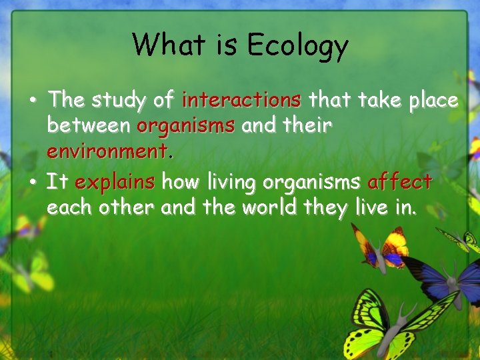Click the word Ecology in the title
coord(297,45)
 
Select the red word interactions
coord(241,100)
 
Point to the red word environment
coord(109,151)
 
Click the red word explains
coord(115,181)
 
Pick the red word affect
coord(399,181)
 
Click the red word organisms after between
coord(186,125)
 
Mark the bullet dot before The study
coord(33,102)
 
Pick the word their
coord(305,125)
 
